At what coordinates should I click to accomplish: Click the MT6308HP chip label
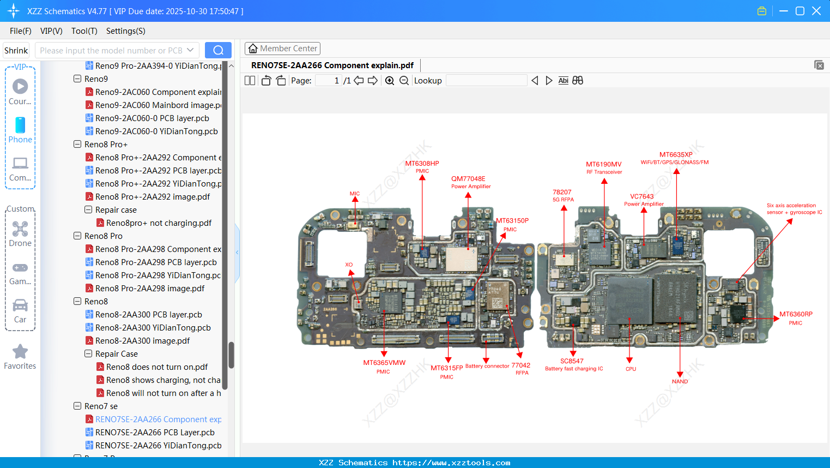pyautogui.click(x=422, y=164)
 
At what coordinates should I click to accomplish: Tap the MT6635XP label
pyautogui.click(x=675, y=155)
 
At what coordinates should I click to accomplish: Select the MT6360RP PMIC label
pyautogui.click(x=795, y=315)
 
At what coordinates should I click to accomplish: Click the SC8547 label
pyautogui.click(x=572, y=361)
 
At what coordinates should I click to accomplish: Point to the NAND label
pyautogui.click(x=680, y=381)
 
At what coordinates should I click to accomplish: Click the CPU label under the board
pyautogui.click(x=631, y=369)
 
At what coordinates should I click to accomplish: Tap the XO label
pyautogui.click(x=349, y=265)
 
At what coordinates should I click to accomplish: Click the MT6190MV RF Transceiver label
pyautogui.click(x=603, y=165)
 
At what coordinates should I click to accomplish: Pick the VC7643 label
pyautogui.click(x=641, y=197)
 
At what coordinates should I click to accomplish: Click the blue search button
pyautogui.click(x=218, y=50)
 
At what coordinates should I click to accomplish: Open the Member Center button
pyautogui.click(x=282, y=49)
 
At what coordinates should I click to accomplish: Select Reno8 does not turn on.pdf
pyautogui.click(x=157, y=367)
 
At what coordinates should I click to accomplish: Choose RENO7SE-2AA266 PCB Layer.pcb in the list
pyautogui.click(x=155, y=433)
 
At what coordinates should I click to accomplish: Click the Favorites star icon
pyautogui.click(x=20, y=352)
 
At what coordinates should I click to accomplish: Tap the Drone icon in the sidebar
pyautogui.click(x=20, y=229)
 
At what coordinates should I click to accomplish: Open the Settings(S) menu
pyautogui.click(x=125, y=31)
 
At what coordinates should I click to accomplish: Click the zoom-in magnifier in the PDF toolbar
pyautogui.click(x=390, y=81)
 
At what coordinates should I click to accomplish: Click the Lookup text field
pyautogui.click(x=486, y=81)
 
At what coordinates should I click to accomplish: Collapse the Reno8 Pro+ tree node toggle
pyautogui.click(x=77, y=145)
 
